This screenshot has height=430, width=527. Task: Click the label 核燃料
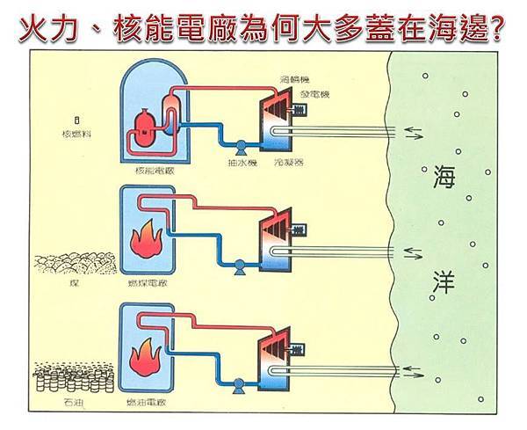[x=77, y=135]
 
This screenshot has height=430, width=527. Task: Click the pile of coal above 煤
[x=76, y=264]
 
